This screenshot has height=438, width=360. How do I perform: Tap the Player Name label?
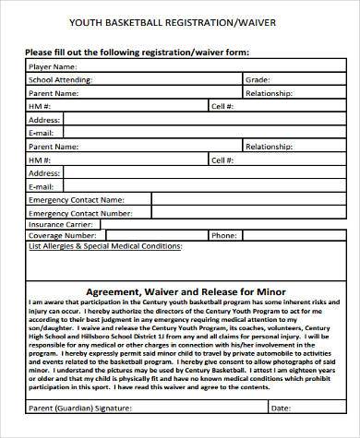(52, 67)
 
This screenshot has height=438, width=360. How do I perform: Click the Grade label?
(257, 80)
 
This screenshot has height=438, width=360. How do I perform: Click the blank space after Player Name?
(203, 67)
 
